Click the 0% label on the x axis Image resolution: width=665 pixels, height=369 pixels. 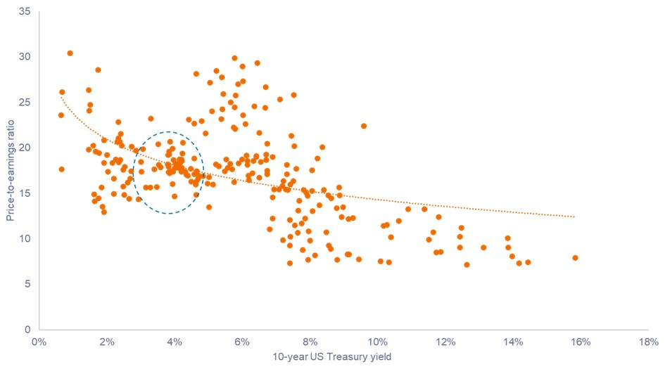39,343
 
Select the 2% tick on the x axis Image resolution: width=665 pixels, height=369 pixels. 107,343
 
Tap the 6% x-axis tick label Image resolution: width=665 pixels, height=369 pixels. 243,343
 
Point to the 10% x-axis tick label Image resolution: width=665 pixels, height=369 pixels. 378,343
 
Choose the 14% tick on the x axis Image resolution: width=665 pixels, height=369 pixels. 513,343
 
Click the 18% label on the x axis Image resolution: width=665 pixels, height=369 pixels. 648,343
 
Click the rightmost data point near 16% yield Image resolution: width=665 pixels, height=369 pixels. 575,258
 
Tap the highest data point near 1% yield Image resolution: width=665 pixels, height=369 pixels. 70,53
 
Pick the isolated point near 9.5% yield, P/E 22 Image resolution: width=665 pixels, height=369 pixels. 364,126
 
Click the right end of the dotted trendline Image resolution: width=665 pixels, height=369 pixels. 574,216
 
